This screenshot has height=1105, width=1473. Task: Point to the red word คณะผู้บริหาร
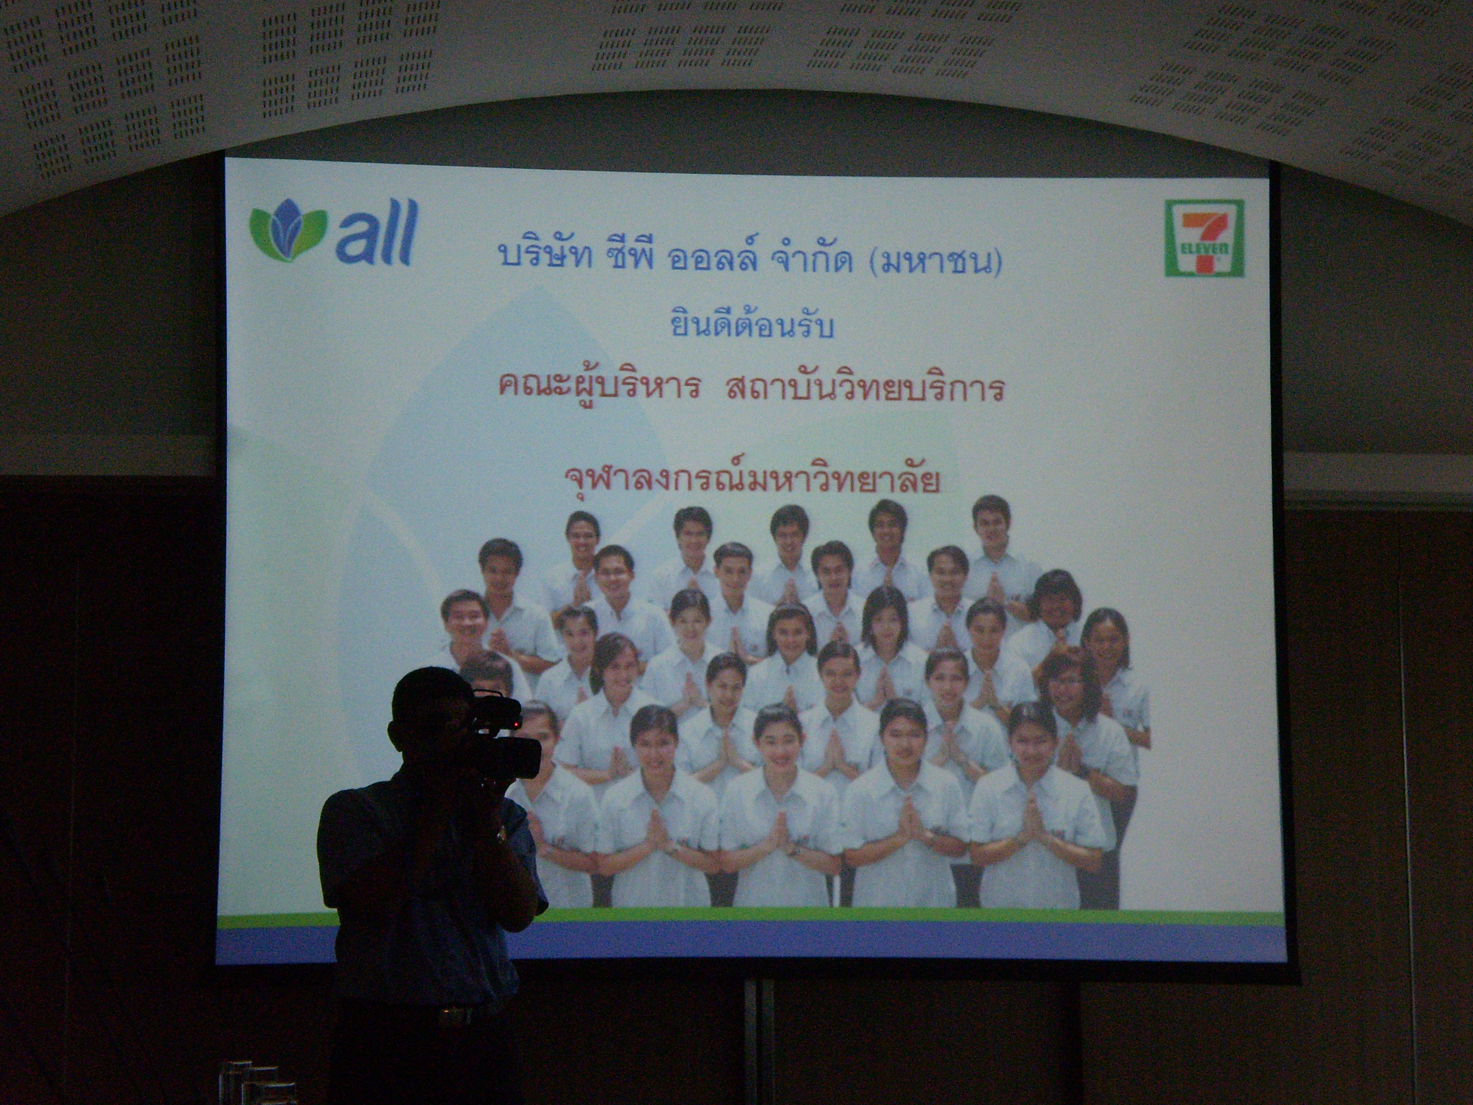(x=598, y=385)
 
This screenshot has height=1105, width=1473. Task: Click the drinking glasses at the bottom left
(x=260, y=1083)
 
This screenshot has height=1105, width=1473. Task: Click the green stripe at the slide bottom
(x=749, y=919)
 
